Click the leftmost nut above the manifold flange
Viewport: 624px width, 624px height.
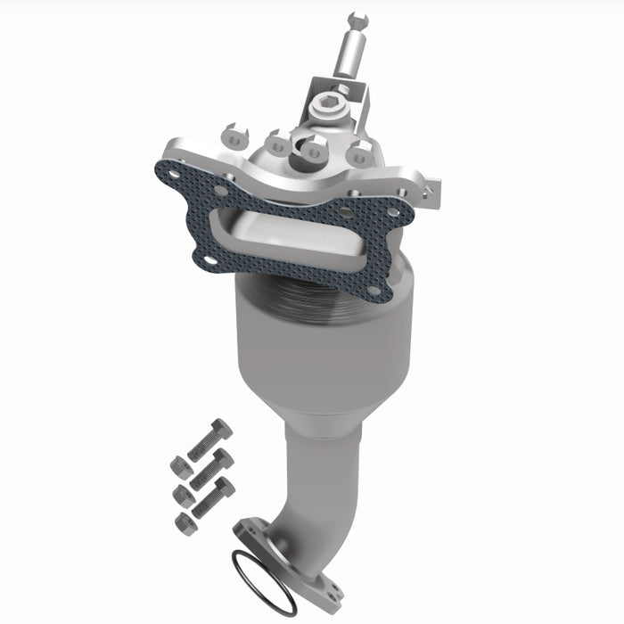(x=232, y=135)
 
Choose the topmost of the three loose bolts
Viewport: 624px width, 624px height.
(x=210, y=437)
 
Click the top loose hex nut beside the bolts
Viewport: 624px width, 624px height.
(x=179, y=466)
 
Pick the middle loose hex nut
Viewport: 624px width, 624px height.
(x=182, y=493)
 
